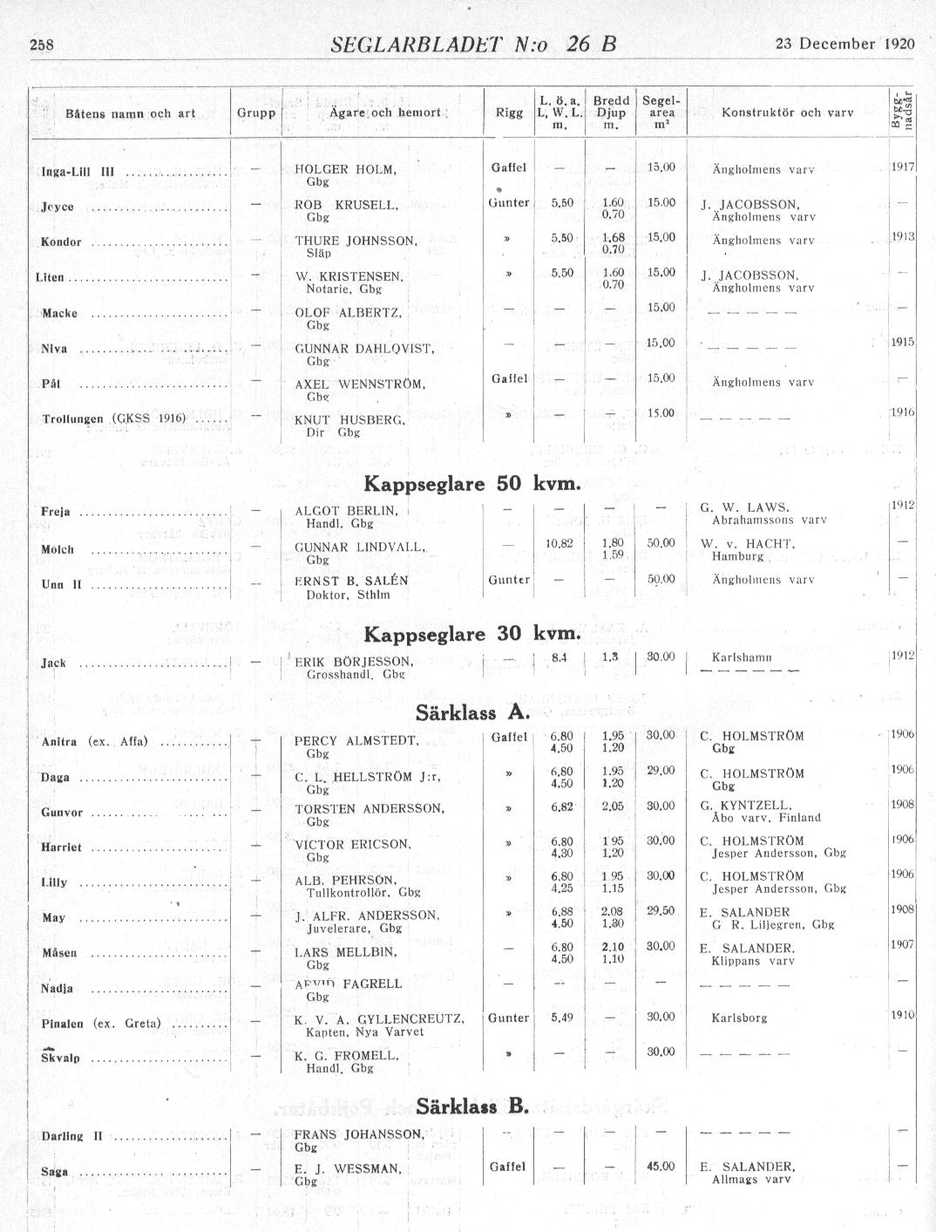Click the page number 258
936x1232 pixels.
click(x=42, y=45)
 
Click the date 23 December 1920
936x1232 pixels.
click(x=844, y=44)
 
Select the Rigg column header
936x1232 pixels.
click(x=509, y=112)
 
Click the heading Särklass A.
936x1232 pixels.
click(x=472, y=712)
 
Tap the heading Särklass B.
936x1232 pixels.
click(x=472, y=1106)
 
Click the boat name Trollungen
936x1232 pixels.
click(x=76, y=419)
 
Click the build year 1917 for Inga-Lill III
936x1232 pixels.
click(x=902, y=166)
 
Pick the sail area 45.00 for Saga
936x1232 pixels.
click(x=661, y=1167)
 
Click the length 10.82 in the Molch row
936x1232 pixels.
click(x=559, y=543)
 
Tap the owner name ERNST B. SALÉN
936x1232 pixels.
click(x=351, y=581)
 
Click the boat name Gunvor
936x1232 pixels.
click(x=62, y=813)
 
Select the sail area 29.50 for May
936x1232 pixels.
click(x=661, y=910)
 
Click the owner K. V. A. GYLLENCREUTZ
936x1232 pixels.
click(x=379, y=1018)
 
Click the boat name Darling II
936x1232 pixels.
click(x=72, y=1136)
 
